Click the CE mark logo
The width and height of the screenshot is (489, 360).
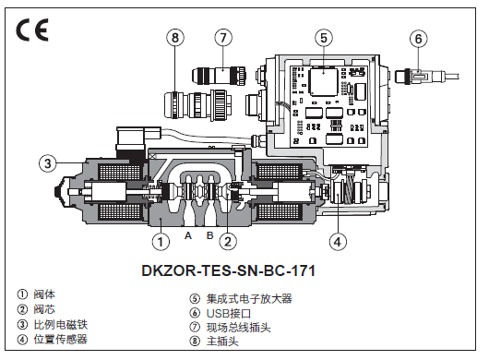click(32, 30)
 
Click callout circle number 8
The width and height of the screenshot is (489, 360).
click(175, 38)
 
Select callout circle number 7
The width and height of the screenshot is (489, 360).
click(223, 38)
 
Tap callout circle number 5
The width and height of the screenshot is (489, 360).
click(324, 38)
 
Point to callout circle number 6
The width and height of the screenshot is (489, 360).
click(419, 39)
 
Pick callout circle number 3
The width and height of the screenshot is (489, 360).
click(48, 163)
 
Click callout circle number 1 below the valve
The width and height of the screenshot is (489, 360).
click(161, 242)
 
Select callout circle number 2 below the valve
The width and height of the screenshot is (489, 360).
click(228, 242)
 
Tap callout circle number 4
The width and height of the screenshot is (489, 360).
click(338, 242)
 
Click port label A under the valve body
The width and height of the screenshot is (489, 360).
click(187, 235)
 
